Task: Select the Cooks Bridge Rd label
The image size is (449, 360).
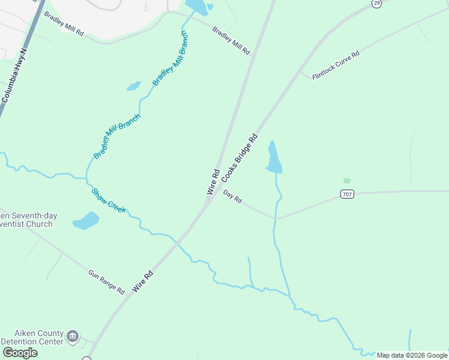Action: coord(239,158)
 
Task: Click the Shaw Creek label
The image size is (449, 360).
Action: coord(109,200)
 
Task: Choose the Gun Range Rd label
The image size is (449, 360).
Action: coord(106,282)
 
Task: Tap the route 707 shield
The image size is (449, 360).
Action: coord(346,194)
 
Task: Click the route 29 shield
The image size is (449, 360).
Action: coord(376,4)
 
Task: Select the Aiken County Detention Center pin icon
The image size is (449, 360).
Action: coord(73,336)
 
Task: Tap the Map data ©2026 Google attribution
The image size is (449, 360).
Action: coord(412,355)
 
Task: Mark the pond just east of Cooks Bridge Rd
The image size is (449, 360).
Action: coord(274,158)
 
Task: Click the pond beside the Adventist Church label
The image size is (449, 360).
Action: coord(86,221)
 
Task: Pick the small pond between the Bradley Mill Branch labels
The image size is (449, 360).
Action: coord(133,86)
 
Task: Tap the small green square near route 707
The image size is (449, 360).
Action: coord(346,180)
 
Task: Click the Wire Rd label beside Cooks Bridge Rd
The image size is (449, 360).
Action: coord(212,181)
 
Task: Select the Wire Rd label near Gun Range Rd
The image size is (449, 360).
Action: coord(143,281)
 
